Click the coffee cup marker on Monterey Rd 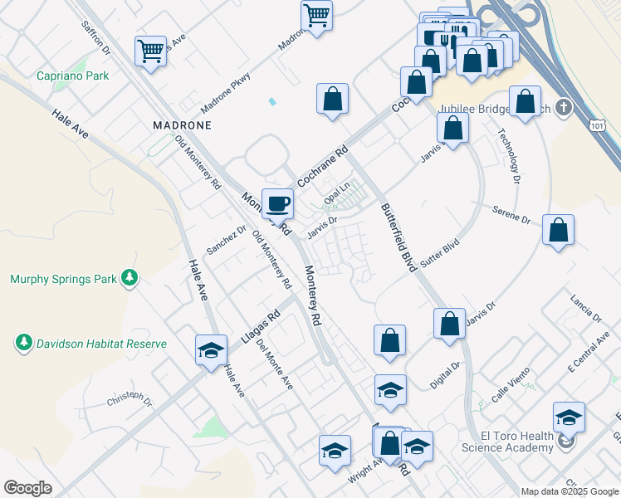click(278, 203)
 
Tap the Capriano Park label click(73, 76)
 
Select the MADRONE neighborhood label click(182, 124)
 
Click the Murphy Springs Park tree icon click(129, 279)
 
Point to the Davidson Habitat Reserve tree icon click(24, 343)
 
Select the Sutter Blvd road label click(440, 251)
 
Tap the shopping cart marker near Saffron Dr click(150, 50)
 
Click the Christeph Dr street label click(130, 400)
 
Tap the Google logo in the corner click(27, 488)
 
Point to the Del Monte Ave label click(275, 364)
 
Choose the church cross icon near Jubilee click(564, 108)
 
